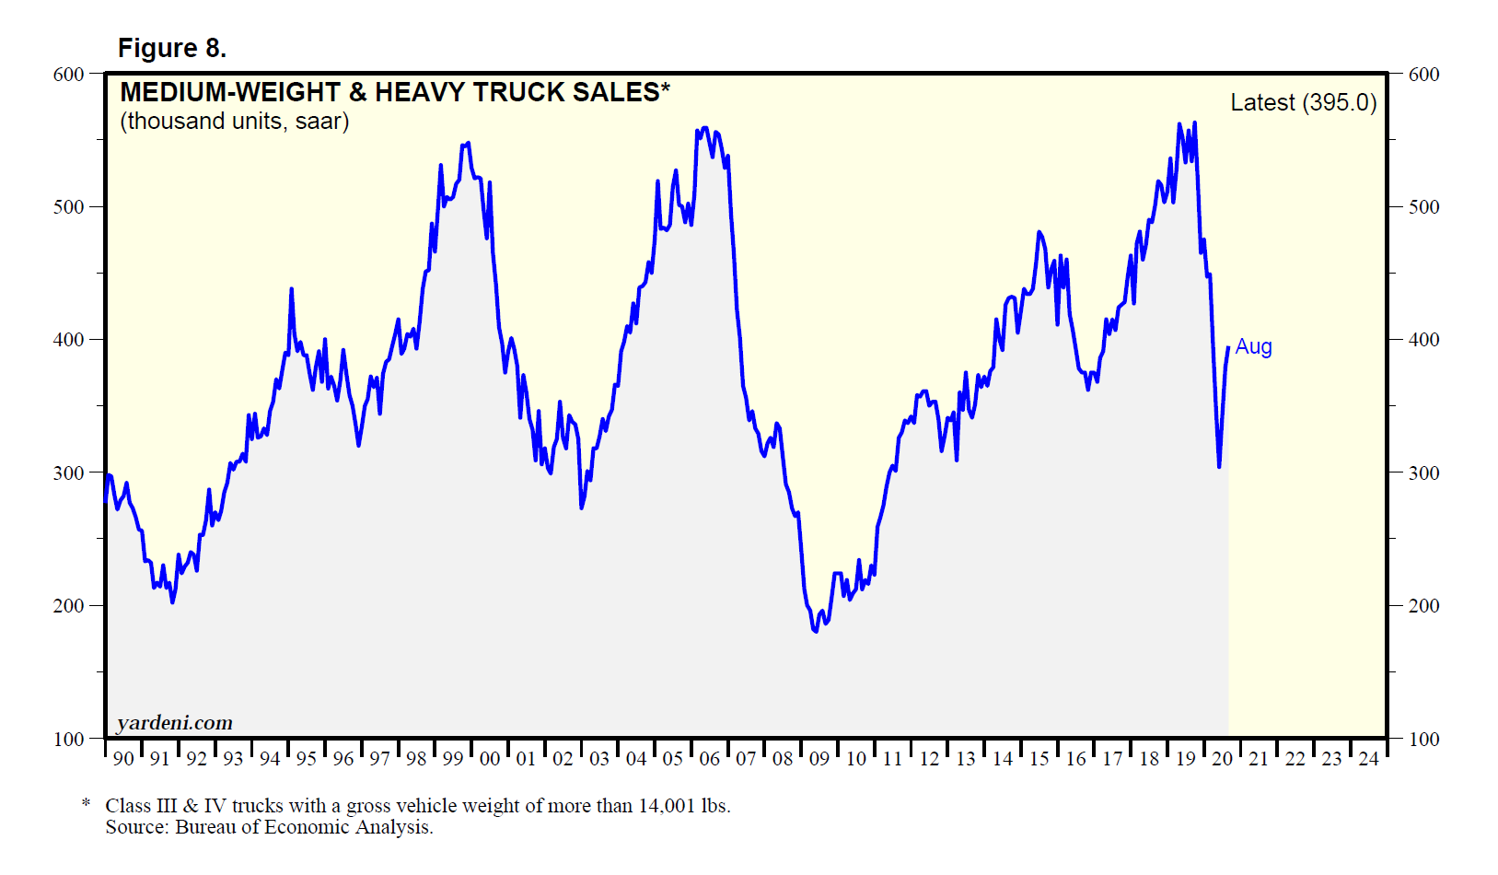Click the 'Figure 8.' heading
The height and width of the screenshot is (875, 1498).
171,48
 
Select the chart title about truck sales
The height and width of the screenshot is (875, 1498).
395,92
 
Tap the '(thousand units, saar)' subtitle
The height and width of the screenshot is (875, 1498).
235,122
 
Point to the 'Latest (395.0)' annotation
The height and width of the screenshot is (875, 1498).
1303,102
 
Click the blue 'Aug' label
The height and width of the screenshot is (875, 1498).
1253,346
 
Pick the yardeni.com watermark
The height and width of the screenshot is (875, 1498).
175,723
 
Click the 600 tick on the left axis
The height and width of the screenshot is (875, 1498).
69,75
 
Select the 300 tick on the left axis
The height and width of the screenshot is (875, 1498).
69,473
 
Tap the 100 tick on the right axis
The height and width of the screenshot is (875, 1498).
1423,739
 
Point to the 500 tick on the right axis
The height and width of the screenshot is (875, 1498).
1423,207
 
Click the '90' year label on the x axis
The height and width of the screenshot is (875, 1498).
123,759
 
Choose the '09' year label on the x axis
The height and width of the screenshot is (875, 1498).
819,759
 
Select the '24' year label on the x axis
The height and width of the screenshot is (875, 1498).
1369,759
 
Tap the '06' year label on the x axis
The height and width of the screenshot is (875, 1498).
710,759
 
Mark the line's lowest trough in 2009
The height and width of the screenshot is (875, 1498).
816,631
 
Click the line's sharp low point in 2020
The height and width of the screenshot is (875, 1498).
1219,466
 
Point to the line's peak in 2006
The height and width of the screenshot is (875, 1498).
705,128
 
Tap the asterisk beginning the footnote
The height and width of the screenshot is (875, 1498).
87,804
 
